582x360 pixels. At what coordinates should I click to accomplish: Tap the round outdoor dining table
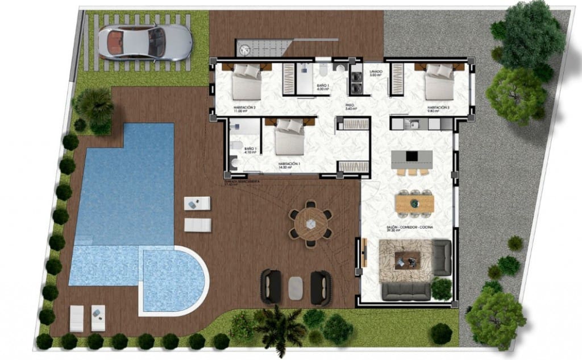click(310, 222)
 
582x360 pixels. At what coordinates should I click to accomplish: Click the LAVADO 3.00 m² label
click(376, 73)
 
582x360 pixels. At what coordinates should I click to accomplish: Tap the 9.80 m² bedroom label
click(439, 109)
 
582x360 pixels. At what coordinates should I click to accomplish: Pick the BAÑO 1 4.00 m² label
click(322, 86)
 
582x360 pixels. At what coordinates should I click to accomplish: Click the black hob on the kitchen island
click(411, 156)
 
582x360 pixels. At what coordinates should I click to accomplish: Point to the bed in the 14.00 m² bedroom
click(290, 140)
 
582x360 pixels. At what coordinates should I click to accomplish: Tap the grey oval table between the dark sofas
click(296, 287)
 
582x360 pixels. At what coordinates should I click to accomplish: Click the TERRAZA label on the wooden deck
click(242, 182)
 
